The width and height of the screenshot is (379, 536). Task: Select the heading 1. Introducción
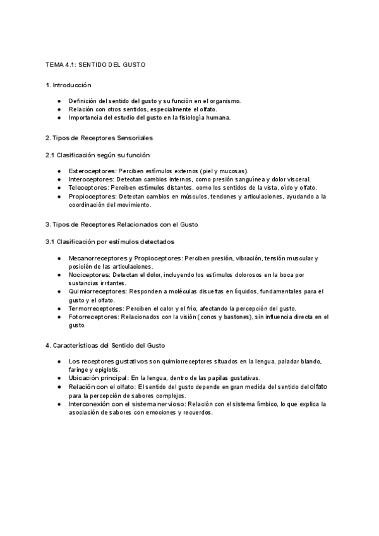(x=68, y=85)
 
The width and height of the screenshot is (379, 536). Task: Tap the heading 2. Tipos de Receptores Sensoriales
(x=99, y=137)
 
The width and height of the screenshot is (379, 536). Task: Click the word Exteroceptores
(x=92, y=171)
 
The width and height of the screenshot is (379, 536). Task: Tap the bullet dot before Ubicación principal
(x=59, y=377)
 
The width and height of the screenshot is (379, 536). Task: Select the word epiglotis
(x=107, y=369)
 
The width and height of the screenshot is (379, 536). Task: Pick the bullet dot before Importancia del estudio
(x=59, y=118)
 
